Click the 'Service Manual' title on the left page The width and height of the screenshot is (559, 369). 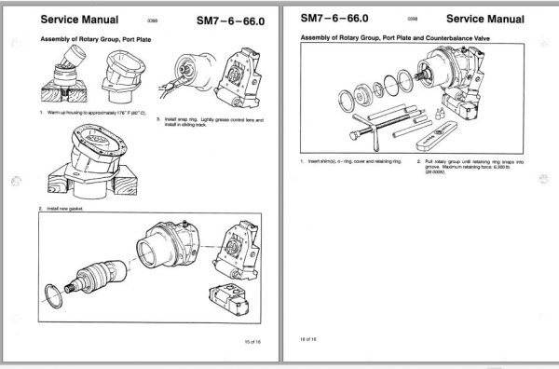click(80, 19)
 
